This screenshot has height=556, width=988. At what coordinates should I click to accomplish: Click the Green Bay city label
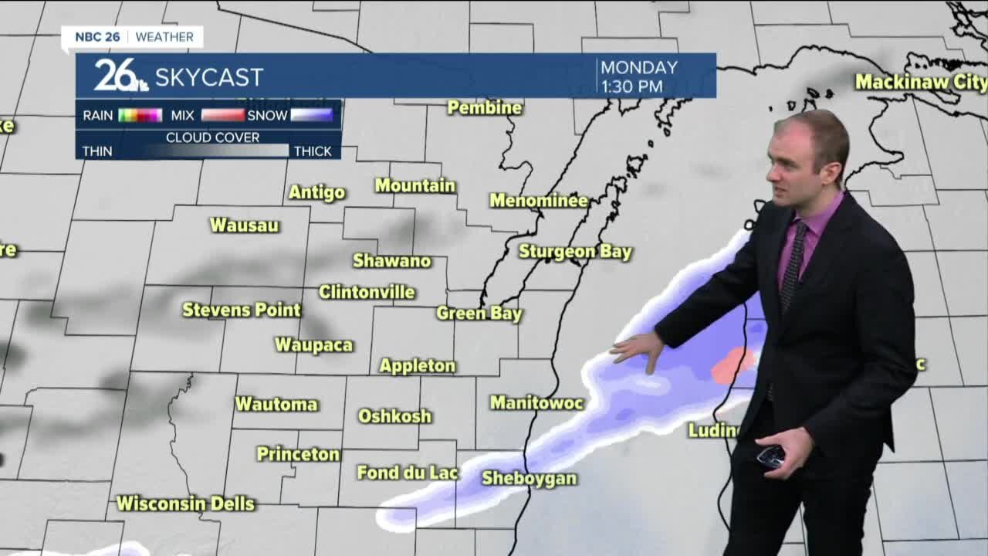[479, 314]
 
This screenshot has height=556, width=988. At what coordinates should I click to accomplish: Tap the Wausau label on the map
[244, 225]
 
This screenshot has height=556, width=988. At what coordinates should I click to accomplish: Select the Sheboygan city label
[530, 479]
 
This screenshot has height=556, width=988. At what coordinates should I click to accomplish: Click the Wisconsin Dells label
[185, 503]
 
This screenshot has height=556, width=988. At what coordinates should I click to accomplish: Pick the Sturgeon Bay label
[575, 252]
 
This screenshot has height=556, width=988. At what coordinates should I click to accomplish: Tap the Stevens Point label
[242, 310]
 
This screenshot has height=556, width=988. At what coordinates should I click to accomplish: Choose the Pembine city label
[485, 107]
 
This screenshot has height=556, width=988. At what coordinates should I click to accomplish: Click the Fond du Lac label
[408, 473]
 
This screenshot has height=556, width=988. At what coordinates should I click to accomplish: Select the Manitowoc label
[536, 402]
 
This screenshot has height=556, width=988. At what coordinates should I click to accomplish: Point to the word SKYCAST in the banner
[209, 77]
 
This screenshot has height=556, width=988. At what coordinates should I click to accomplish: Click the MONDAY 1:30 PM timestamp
[639, 76]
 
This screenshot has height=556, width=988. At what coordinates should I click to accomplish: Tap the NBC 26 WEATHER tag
[133, 37]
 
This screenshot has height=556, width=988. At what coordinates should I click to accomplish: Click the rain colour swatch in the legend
[140, 116]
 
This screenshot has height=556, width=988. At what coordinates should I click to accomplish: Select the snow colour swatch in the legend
[311, 116]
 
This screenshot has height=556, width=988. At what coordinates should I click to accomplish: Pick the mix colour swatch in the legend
[222, 116]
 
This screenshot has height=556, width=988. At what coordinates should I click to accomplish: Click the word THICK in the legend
[313, 151]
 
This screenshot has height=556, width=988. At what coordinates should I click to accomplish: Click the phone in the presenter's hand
[771, 456]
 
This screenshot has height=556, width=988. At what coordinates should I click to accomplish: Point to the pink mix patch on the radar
[733, 365]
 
